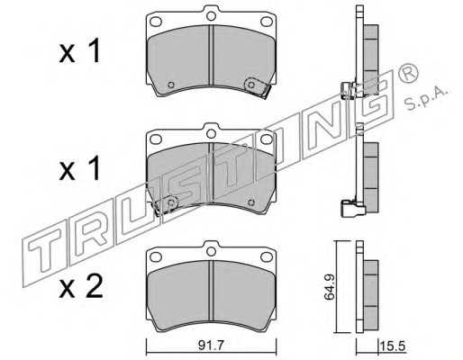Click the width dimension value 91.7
point(211,346)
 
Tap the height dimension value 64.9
point(330,287)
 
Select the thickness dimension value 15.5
point(393,346)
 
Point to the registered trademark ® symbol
point(408,73)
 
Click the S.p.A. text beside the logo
point(427,97)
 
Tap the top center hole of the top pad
point(212,15)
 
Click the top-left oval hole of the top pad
point(156,22)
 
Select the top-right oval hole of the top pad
point(267,22)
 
